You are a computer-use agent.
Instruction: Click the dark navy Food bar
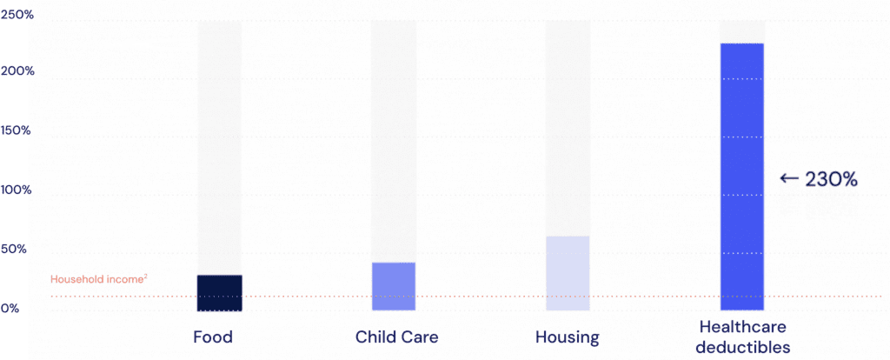click(219, 293)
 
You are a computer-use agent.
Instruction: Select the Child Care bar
click(393, 286)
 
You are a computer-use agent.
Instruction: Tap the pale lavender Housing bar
click(568, 273)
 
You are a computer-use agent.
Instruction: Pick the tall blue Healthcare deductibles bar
click(742, 177)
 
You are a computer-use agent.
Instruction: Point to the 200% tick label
click(17, 70)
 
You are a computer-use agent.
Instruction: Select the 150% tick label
click(17, 130)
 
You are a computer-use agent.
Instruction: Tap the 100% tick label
click(17, 190)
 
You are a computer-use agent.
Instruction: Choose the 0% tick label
click(10, 309)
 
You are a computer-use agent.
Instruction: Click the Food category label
click(213, 337)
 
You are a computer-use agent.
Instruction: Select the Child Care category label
click(396, 337)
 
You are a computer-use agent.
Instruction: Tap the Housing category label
click(568, 337)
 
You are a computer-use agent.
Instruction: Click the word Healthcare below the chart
click(742, 328)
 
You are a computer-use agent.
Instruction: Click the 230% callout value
click(832, 179)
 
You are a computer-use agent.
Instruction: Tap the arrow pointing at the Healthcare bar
click(788, 179)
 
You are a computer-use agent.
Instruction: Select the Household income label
click(96, 280)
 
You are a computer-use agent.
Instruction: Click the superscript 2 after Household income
click(145, 277)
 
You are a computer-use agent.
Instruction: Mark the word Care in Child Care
click(419, 337)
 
